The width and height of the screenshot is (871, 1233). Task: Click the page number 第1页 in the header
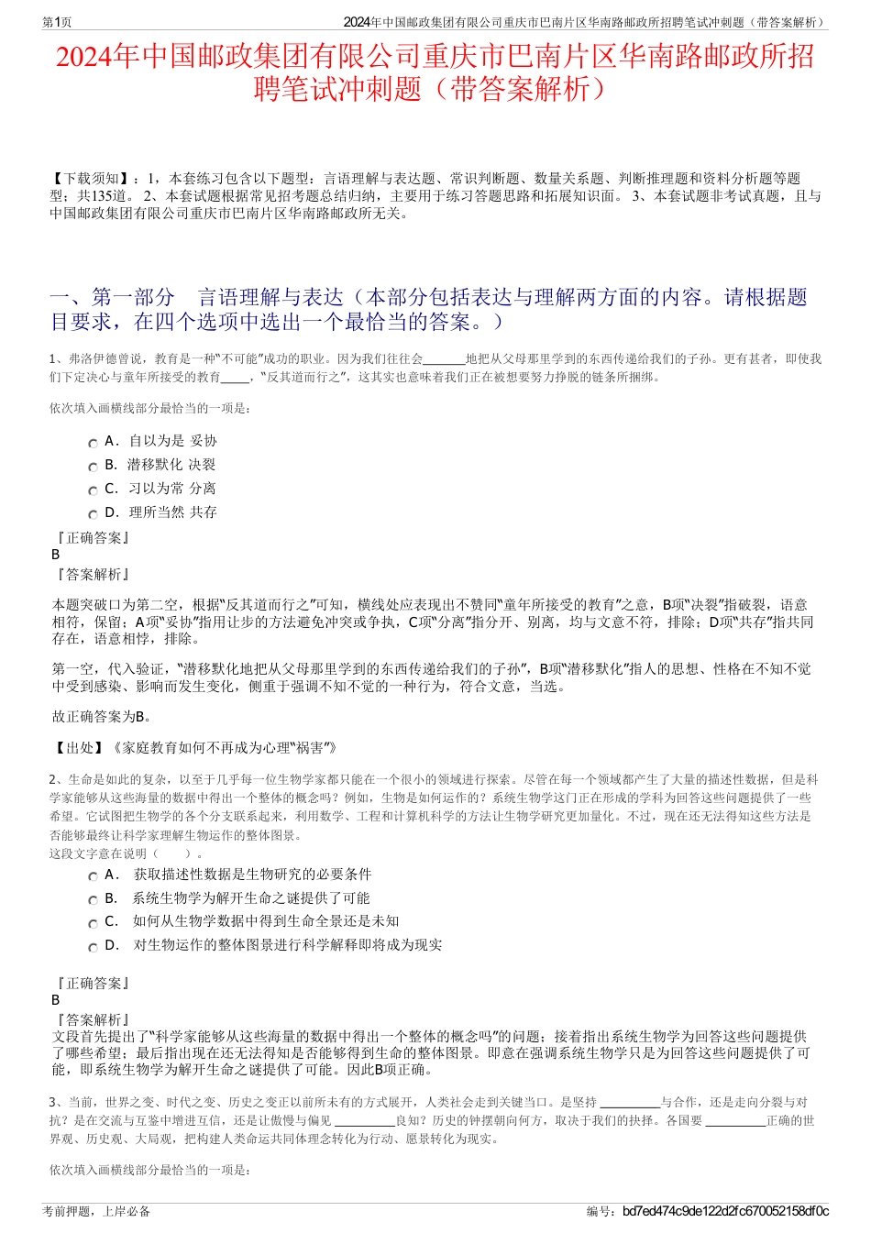pos(58,22)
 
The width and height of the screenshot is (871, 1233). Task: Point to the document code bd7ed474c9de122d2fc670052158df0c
pos(725,1211)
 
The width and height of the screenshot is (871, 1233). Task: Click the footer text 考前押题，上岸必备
pos(96,1211)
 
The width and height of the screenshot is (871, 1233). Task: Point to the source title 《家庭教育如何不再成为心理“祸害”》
pos(224,748)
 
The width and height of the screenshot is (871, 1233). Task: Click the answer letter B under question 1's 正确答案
pos(56,555)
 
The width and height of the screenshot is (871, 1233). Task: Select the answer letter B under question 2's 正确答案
pos(56,1000)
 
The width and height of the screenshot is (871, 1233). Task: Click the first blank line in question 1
pos(445,359)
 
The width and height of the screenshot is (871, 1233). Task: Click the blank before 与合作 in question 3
pos(629,1103)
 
